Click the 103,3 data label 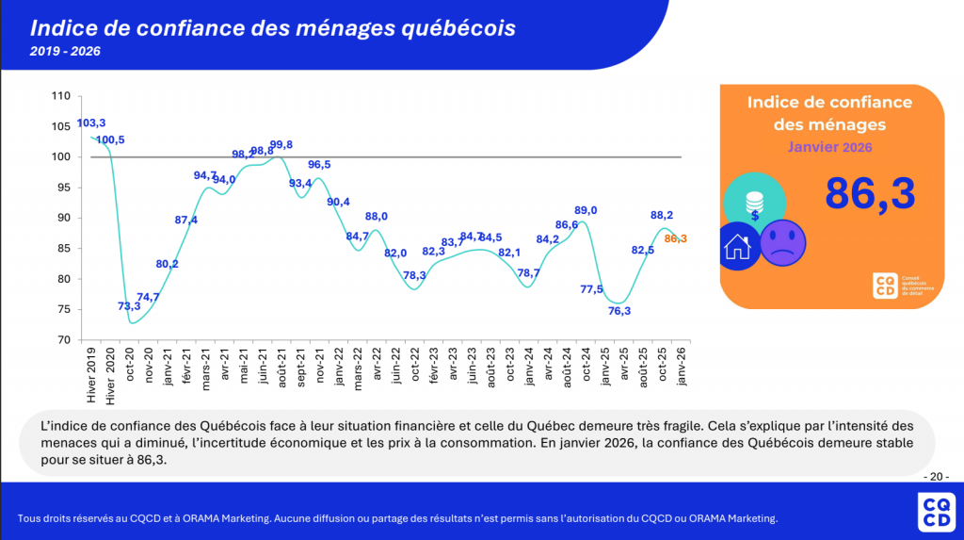91,123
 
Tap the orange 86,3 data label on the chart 676,238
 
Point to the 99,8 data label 281,144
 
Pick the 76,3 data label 619,311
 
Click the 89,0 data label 586,210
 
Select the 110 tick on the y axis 62,96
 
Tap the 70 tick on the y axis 65,339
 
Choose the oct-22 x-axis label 415,366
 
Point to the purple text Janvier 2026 829,147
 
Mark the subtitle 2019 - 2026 65,52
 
